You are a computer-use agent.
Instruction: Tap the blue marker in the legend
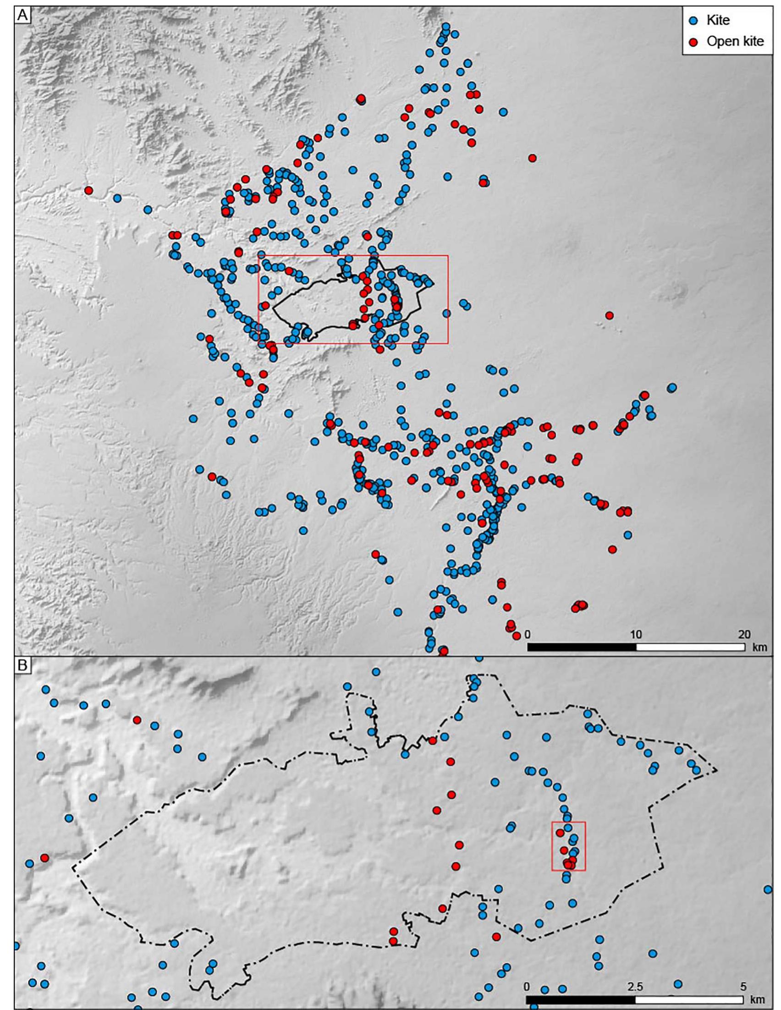693,20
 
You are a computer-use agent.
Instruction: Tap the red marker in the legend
693,42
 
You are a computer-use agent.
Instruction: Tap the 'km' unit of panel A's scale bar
759,647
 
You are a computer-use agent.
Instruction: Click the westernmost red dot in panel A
88,190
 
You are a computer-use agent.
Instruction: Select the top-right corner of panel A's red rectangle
448,255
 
